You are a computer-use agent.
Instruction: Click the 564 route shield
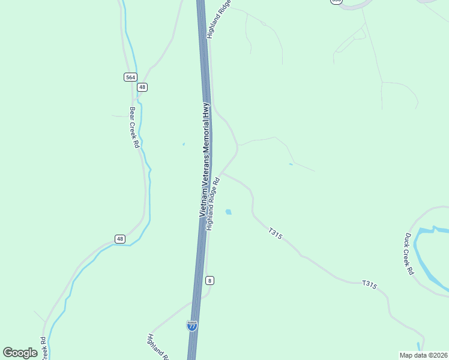130,77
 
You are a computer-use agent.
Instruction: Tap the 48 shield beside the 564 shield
142,87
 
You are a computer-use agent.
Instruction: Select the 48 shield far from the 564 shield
120,239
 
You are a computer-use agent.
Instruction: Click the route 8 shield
209,280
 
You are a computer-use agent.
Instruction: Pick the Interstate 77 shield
192,326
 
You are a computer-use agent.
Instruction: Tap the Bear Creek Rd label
134,127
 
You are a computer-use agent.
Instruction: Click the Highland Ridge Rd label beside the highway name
214,204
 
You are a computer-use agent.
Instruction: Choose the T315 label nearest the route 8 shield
275,233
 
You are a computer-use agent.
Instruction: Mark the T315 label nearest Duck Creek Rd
369,285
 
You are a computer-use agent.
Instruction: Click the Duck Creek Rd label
409,254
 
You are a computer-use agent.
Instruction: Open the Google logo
20,353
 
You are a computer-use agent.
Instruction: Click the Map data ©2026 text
423,355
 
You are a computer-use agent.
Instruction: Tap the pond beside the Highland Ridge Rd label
228,212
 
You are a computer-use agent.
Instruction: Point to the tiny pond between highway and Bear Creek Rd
184,144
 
